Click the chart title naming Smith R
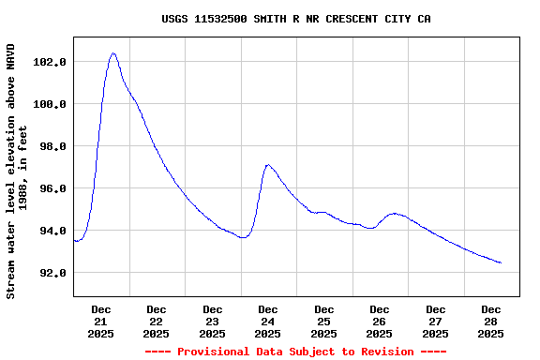point(296,19)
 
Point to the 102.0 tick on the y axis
point(49,62)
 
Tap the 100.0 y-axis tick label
point(49,104)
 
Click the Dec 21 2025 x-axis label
point(101,321)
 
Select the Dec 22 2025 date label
point(157,321)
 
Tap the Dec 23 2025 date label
point(213,321)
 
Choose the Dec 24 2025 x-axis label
point(268,321)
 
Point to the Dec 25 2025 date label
point(324,321)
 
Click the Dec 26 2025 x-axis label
point(380,321)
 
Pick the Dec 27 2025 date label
point(436,321)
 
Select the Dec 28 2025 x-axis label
point(491,321)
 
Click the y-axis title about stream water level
point(17,171)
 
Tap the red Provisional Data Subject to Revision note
point(296,352)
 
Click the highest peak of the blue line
point(112,53)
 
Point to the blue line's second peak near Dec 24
point(268,165)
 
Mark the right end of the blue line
point(502,263)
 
